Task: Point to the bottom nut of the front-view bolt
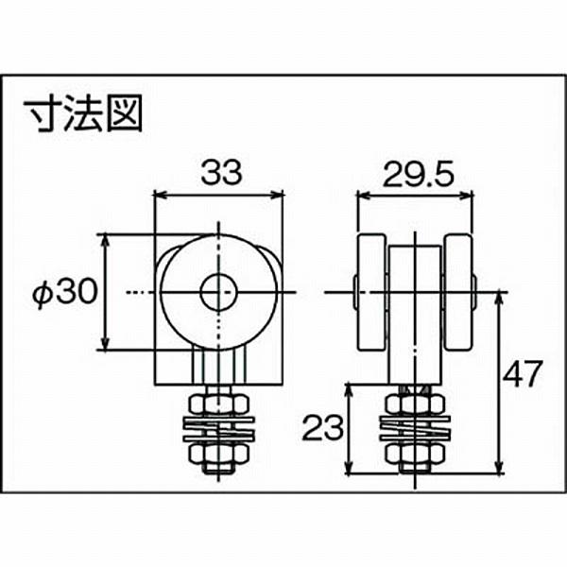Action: [x=218, y=455]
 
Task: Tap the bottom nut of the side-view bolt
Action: [x=415, y=455]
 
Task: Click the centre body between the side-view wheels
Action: [x=415, y=312]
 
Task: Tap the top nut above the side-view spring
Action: [x=415, y=405]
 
